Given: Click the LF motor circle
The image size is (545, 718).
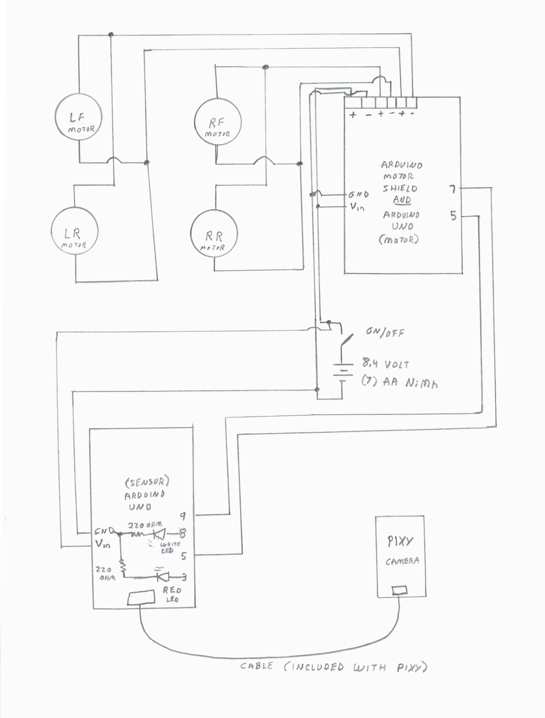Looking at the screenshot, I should tap(79, 118).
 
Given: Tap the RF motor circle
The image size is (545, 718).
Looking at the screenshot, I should tap(218, 122).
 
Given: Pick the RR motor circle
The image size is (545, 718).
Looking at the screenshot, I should tap(213, 234).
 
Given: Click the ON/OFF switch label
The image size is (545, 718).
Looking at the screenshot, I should tap(385, 332).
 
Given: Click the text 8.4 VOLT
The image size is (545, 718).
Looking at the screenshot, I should tap(385, 364).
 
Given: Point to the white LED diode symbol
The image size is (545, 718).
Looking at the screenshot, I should tap(160, 533).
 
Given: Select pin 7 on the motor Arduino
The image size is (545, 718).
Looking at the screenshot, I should tap(452, 189).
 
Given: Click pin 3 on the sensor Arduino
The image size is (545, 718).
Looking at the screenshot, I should tap(184, 577).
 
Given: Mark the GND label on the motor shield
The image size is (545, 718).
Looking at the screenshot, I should tap(358, 195).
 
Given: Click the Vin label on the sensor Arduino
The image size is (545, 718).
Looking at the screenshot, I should tap(103, 544).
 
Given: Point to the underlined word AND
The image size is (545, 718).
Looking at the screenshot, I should tap(402, 200).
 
